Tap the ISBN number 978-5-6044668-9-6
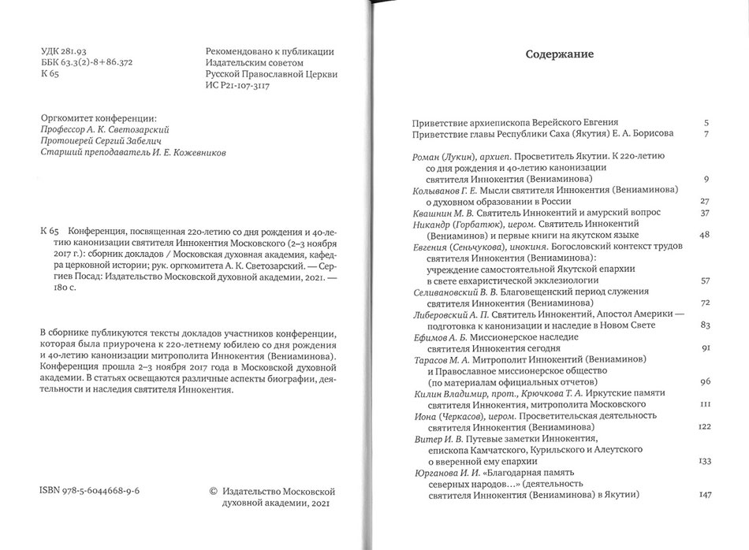[94, 489]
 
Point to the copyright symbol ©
[212, 489]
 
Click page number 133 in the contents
[705, 460]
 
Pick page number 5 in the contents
[707, 123]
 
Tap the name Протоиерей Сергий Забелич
[96, 142]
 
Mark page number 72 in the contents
[706, 303]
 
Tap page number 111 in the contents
[706, 403]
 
